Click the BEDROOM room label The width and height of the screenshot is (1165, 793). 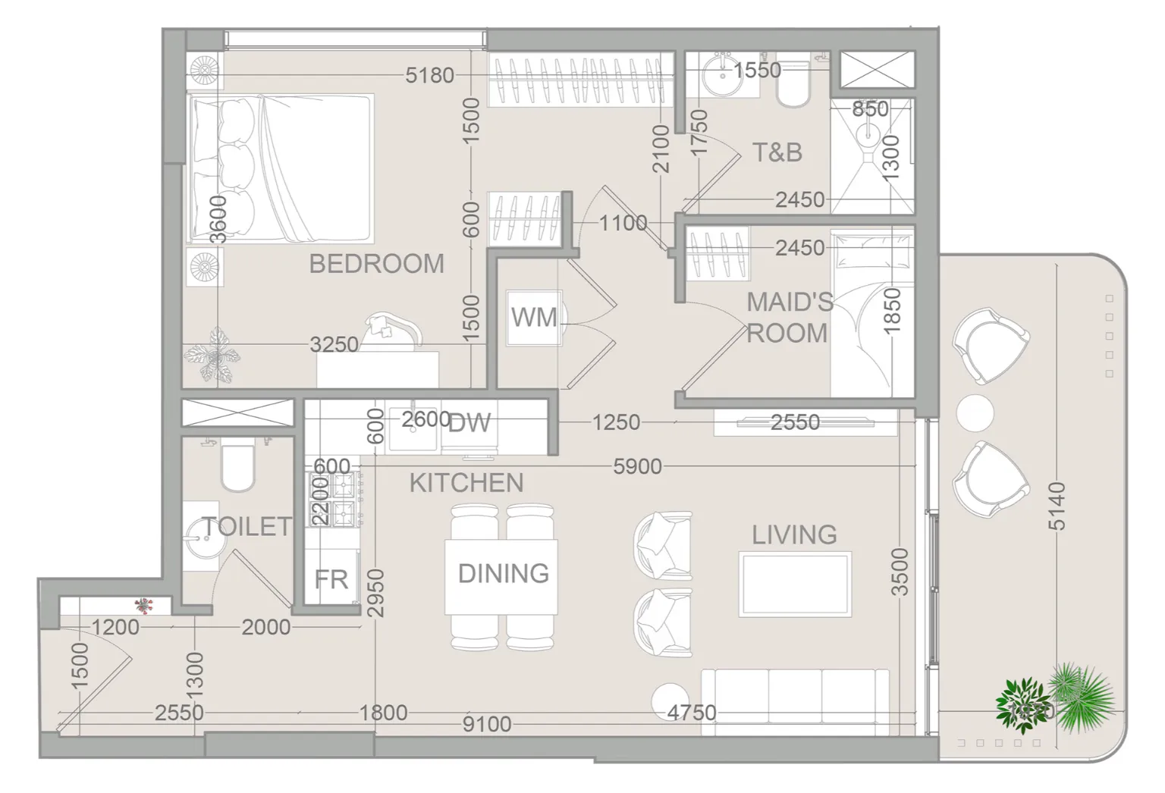(376, 264)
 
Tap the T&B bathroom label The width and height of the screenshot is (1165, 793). (777, 152)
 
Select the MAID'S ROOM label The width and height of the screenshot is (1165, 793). (789, 318)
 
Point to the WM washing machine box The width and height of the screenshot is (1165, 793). (534, 317)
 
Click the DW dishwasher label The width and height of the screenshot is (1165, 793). (469, 423)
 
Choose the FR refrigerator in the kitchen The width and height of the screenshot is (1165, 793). (331, 578)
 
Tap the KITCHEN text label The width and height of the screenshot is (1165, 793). (466, 483)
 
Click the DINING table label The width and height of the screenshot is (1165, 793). (504, 574)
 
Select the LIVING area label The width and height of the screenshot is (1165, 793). (794, 534)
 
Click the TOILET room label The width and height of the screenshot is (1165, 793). (247, 527)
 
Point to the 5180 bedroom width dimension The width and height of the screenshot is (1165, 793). (429, 75)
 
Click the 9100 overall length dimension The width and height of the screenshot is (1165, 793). (487, 724)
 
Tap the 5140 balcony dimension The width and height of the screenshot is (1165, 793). (1057, 506)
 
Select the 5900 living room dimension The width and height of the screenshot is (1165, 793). (638, 466)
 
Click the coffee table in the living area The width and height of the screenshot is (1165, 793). (795, 585)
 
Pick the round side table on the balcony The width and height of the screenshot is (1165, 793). (975, 413)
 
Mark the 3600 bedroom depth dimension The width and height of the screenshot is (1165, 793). (219, 219)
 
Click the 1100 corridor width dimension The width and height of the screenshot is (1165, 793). (623, 223)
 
